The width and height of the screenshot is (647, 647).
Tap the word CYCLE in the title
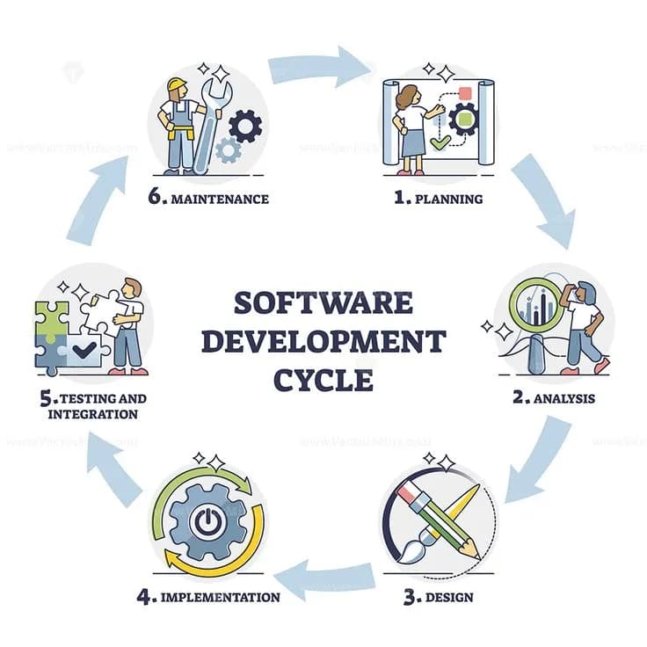323,379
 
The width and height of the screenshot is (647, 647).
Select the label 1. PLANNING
438,199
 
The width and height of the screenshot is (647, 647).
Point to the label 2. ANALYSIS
554,397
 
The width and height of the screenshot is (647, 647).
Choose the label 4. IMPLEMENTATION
208,598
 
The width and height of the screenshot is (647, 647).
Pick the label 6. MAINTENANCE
207,199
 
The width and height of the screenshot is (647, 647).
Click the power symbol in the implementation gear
204,524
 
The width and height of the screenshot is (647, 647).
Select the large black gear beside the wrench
244,126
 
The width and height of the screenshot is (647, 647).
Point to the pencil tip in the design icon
477,553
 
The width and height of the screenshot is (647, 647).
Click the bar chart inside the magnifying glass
539,308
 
